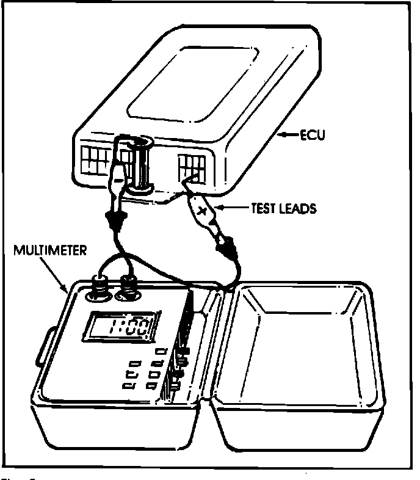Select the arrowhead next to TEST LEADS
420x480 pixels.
pos(223,208)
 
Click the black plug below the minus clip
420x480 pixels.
pos(114,219)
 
